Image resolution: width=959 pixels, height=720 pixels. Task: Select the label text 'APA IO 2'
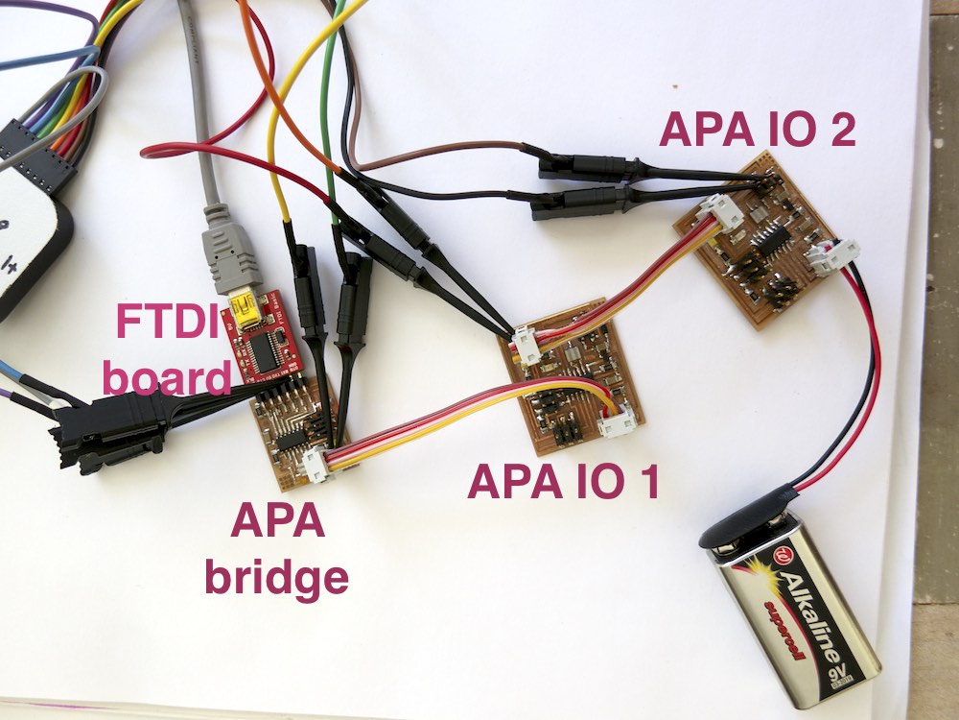coord(757,131)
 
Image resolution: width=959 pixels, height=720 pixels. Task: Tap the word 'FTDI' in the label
coord(169,322)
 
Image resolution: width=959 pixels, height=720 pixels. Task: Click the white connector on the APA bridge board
coord(316,466)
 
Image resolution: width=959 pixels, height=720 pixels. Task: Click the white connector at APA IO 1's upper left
coord(526,341)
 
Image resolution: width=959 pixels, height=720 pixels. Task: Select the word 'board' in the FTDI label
coord(167,376)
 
